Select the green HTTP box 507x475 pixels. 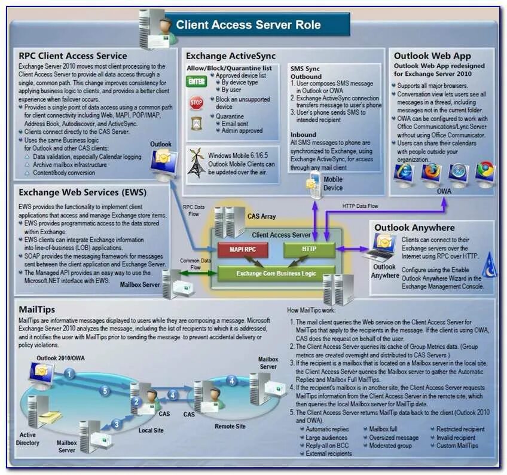(x=309, y=249)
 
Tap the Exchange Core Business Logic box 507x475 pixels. (x=276, y=274)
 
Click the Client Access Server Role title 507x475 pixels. (x=248, y=25)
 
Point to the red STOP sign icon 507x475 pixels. (x=196, y=103)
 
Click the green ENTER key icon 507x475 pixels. (x=197, y=81)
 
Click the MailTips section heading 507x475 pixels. (x=37, y=310)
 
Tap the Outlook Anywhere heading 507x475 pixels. (x=414, y=228)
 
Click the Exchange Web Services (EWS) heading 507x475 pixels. (x=83, y=193)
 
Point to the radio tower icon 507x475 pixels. (x=196, y=162)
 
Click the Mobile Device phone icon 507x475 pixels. (x=314, y=185)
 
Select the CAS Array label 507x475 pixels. (x=261, y=216)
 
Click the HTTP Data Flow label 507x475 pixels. (x=361, y=206)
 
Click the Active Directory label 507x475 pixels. (x=29, y=439)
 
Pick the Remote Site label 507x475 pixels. (x=230, y=427)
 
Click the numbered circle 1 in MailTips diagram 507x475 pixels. (x=69, y=375)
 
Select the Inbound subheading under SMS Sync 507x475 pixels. (x=303, y=135)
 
